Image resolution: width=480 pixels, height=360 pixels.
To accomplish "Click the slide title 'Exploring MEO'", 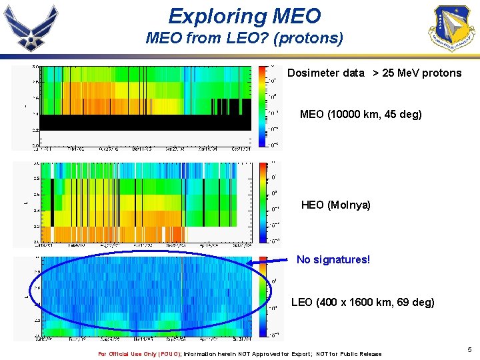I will [244, 15].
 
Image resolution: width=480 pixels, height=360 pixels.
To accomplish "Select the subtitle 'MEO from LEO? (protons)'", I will [244, 39].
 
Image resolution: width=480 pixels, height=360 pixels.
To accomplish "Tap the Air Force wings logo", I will [31, 29].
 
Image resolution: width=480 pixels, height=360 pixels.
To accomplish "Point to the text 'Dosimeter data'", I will [326, 73].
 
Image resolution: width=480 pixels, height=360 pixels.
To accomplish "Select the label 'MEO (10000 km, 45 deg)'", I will [361, 115].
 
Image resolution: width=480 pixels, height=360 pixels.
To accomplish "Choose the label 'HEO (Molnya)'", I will [335, 205].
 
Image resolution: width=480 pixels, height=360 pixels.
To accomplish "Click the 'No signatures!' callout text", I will [333, 259].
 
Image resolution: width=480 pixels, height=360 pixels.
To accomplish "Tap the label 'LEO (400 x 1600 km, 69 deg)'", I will [363, 303].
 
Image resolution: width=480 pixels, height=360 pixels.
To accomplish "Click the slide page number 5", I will [469, 349].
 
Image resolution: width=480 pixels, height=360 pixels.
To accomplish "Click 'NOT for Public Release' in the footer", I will [349, 354].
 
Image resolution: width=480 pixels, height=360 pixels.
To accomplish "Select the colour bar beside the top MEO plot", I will [263, 107].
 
